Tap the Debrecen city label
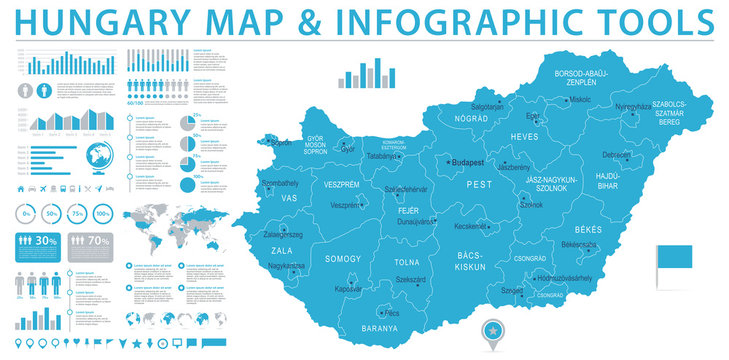pyautogui.click(x=617, y=155)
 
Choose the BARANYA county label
pyautogui.click(x=380, y=327)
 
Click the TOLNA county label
pyautogui.click(x=407, y=263)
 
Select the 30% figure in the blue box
pyautogui.click(x=44, y=241)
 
